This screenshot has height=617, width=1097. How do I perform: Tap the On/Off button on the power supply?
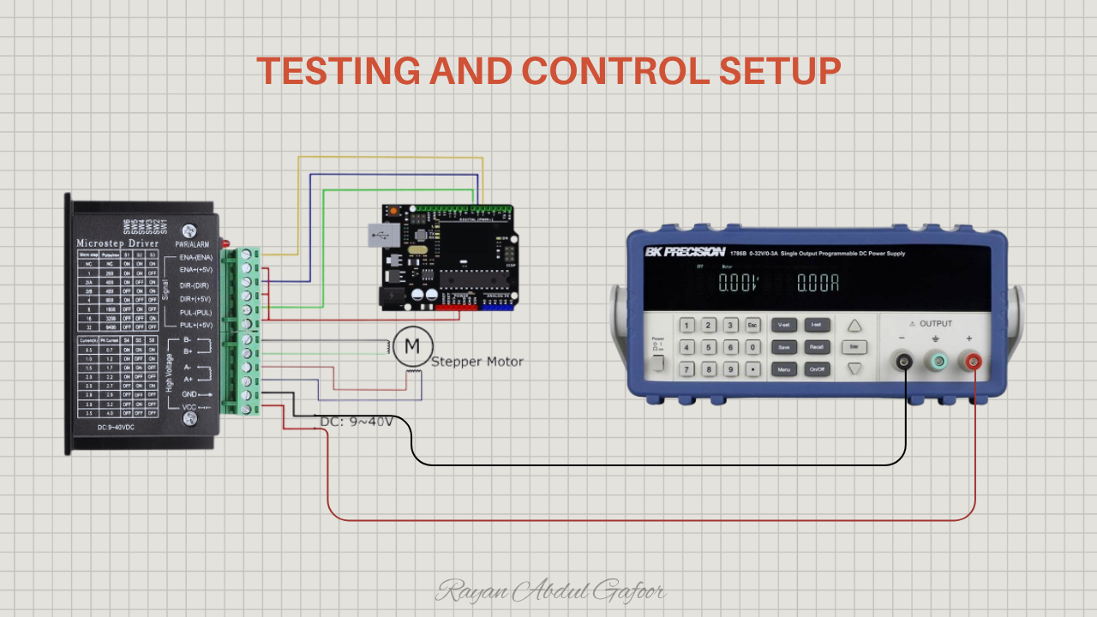click(x=817, y=369)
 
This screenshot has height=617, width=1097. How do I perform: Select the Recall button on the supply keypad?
click(x=817, y=347)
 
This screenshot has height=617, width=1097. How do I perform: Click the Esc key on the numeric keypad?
click(x=752, y=326)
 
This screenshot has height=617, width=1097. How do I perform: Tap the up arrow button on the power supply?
click(x=854, y=326)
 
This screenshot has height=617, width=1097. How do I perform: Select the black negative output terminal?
click(x=903, y=362)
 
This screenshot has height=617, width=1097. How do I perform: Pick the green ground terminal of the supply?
click(x=938, y=362)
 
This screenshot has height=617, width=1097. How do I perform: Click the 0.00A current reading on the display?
click(x=818, y=284)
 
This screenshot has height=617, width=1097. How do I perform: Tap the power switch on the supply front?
click(x=657, y=362)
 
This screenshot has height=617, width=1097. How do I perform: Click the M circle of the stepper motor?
click(x=412, y=345)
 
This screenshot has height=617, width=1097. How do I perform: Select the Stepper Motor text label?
click(x=477, y=362)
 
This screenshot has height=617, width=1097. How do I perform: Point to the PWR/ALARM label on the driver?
click(x=193, y=244)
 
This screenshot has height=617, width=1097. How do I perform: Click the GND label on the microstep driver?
click(x=189, y=393)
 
